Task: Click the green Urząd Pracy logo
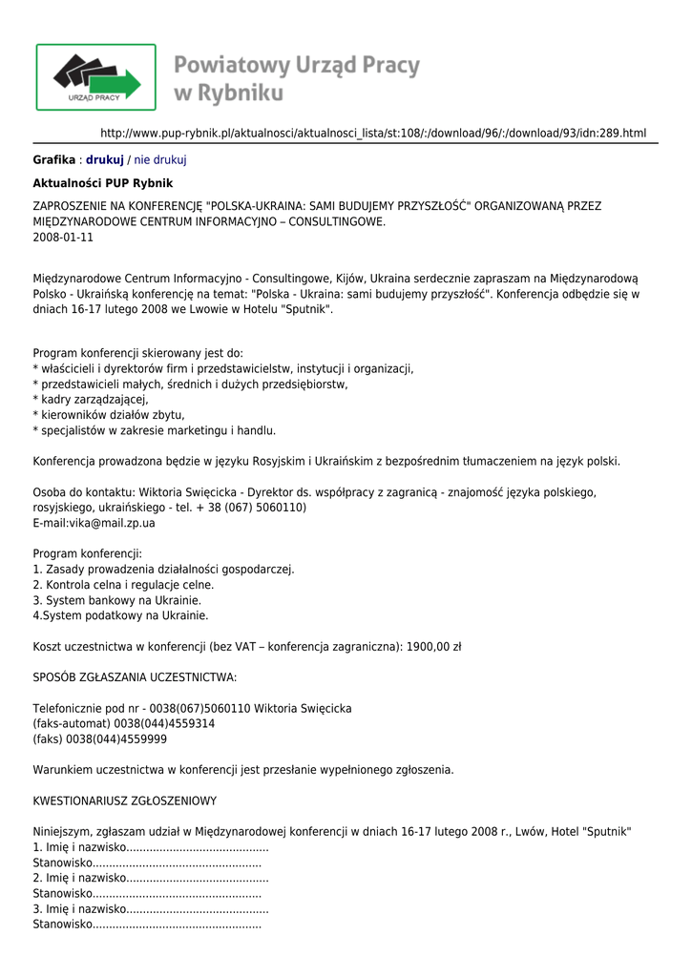[x=95, y=77]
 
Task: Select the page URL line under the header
[x=373, y=133]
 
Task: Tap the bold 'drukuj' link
[x=105, y=160]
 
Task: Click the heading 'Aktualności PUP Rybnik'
[x=103, y=183]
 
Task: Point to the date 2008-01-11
[x=63, y=237]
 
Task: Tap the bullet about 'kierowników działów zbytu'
[x=109, y=415]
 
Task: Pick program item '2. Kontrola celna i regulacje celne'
[x=123, y=585]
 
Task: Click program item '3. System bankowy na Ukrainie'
[x=116, y=600]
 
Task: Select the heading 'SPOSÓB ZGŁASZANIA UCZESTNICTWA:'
[x=135, y=677]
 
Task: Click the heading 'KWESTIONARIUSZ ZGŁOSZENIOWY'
[x=125, y=800]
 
